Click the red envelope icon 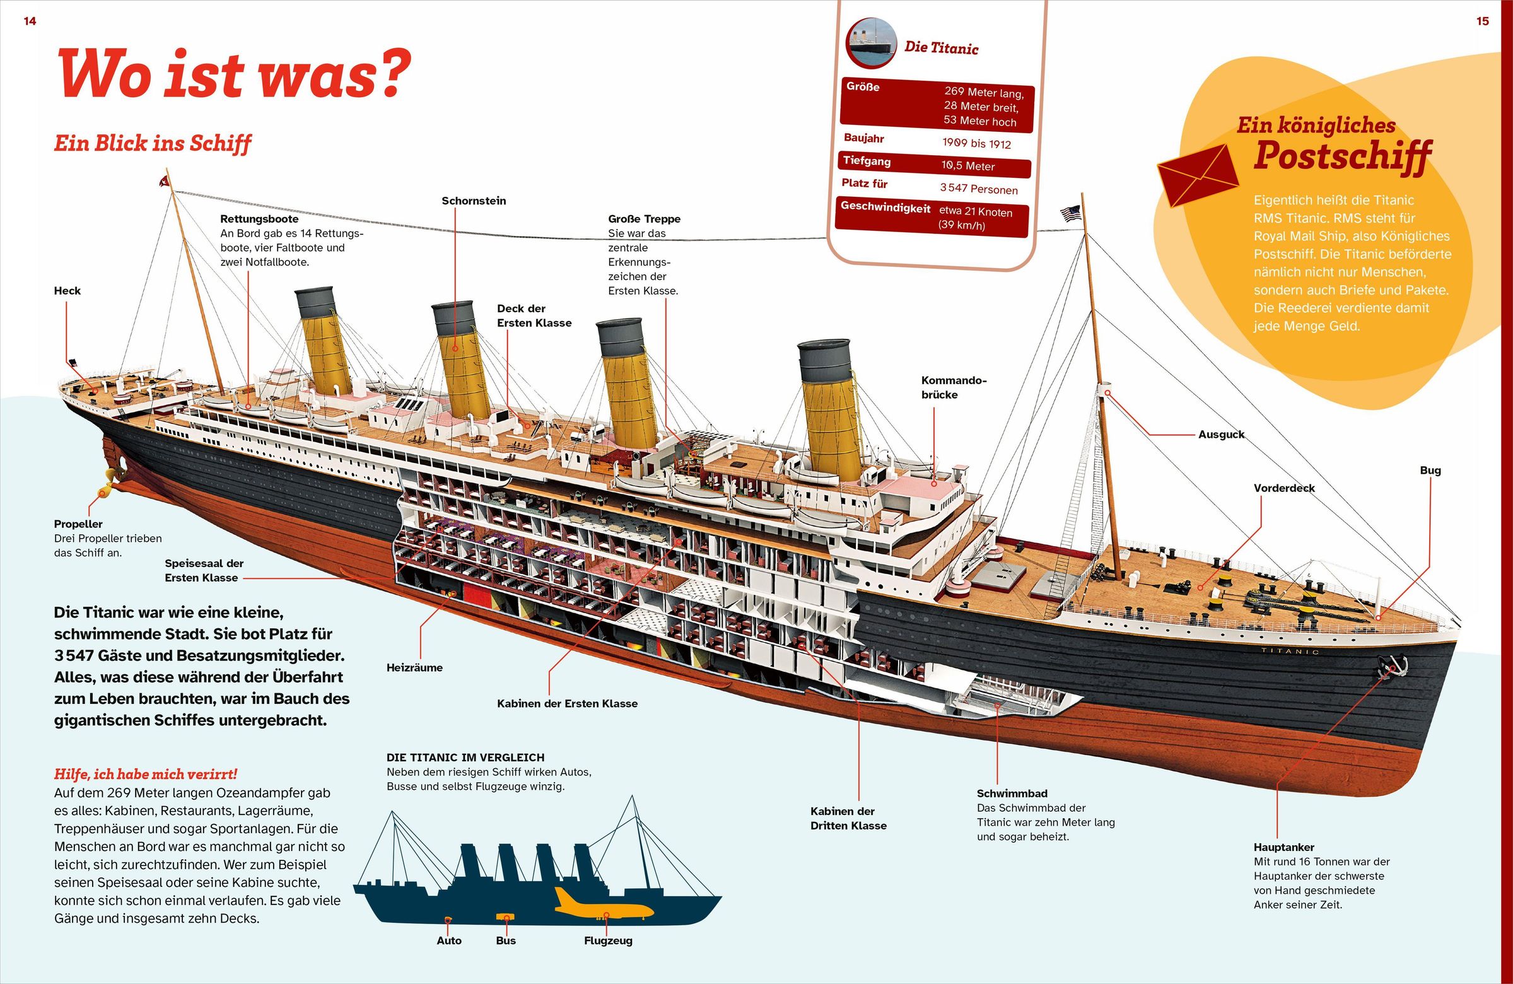(1197, 175)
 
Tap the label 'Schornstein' (474, 201)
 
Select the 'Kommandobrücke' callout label (953, 387)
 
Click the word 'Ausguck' (1221, 435)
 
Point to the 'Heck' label (67, 291)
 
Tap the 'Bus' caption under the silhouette (505, 940)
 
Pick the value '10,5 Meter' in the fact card (967, 166)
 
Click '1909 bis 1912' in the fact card (976, 144)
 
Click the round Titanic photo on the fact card (870, 42)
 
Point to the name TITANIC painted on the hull (1290, 651)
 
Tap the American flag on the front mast (1070, 214)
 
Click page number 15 (1482, 21)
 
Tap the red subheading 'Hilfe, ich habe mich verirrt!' (146, 774)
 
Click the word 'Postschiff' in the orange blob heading (1342, 156)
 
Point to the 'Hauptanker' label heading (1283, 847)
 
